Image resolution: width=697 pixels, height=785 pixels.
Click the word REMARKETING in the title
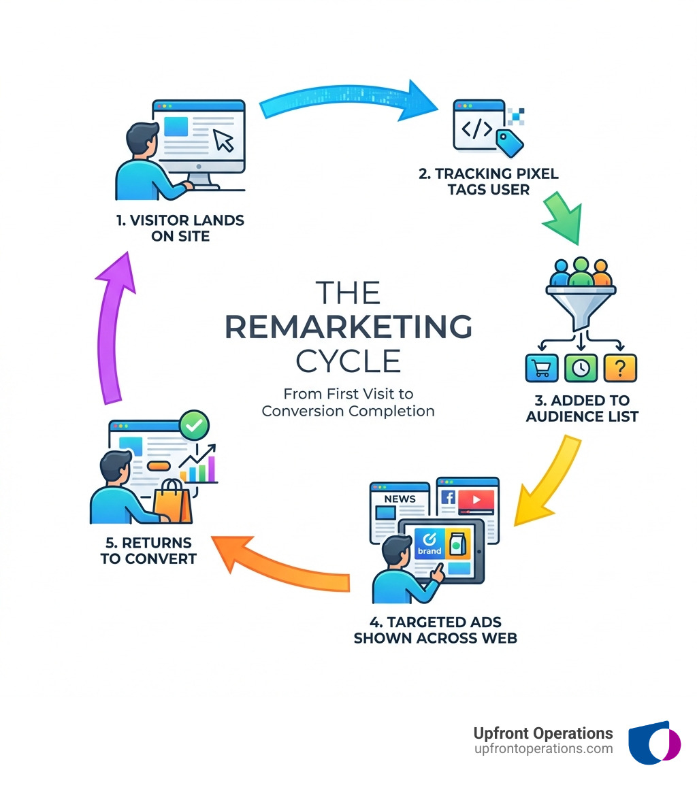(x=348, y=327)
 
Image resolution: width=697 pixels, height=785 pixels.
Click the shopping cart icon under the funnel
(x=542, y=368)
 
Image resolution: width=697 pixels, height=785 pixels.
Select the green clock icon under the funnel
(x=581, y=368)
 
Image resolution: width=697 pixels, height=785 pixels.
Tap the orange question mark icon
(x=620, y=368)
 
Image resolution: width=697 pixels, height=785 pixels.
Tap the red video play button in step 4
(x=476, y=501)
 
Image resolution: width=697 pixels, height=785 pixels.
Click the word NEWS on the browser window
(x=400, y=499)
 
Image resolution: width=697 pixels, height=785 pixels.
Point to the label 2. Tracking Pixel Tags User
(x=489, y=182)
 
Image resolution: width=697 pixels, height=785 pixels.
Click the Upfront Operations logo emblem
(x=653, y=743)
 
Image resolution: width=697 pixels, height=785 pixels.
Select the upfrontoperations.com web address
(x=543, y=749)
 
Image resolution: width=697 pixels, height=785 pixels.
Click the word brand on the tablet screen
(x=429, y=550)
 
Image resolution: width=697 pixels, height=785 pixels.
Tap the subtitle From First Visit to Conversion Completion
(x=348, y=402)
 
